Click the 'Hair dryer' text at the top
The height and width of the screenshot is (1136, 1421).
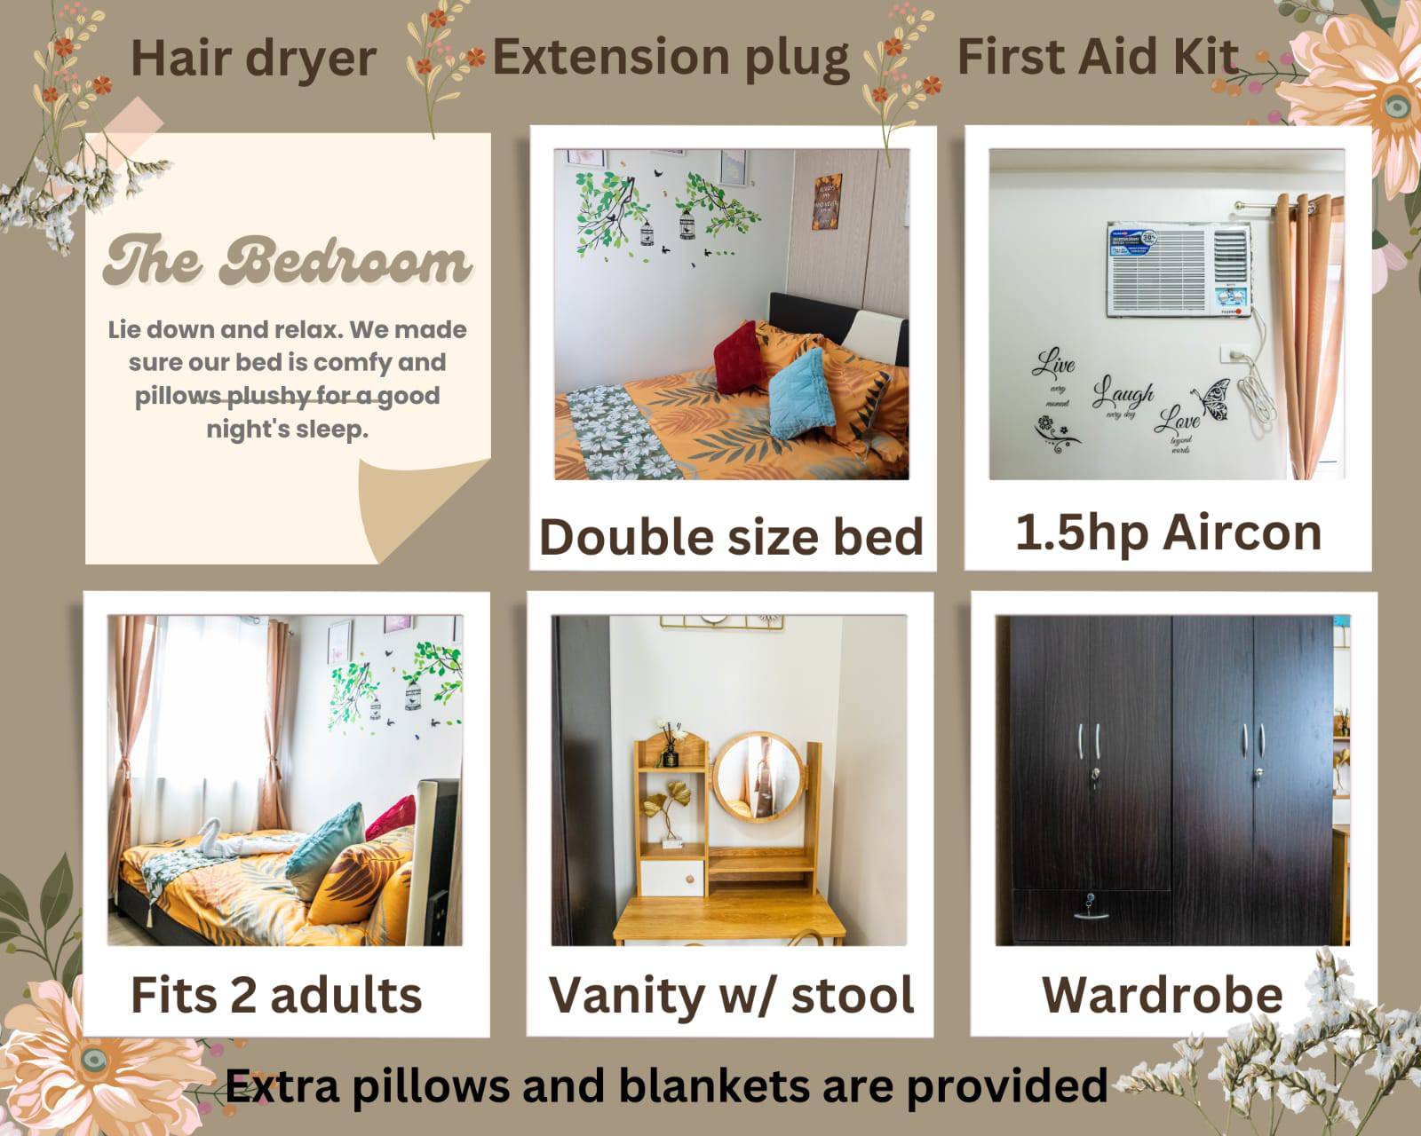253,58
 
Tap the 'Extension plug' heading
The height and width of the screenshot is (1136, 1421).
671,58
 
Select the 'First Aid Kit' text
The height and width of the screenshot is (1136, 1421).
1097,56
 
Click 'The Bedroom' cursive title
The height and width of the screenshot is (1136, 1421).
286,262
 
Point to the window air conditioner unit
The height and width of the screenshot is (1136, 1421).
1179,271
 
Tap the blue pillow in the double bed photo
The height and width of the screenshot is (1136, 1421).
801,393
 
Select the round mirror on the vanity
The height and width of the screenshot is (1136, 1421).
757,776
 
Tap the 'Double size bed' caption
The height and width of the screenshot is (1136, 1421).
731,537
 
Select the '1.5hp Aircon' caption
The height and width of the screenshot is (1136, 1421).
1168,532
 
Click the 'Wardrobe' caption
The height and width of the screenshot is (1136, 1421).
1162,994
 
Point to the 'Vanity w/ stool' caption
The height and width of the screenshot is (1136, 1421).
731,994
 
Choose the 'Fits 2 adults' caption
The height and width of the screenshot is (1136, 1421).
276,994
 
